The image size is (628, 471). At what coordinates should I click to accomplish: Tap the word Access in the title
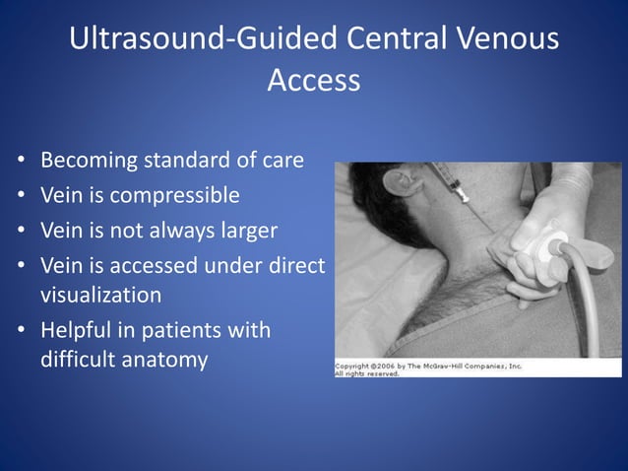pyautogui.click(x=314, y=81)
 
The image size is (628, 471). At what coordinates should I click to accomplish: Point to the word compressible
pyautogui.click(x=174, y=195)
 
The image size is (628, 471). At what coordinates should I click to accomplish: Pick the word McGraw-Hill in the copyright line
pyautogui.click(x=449, y=366)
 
